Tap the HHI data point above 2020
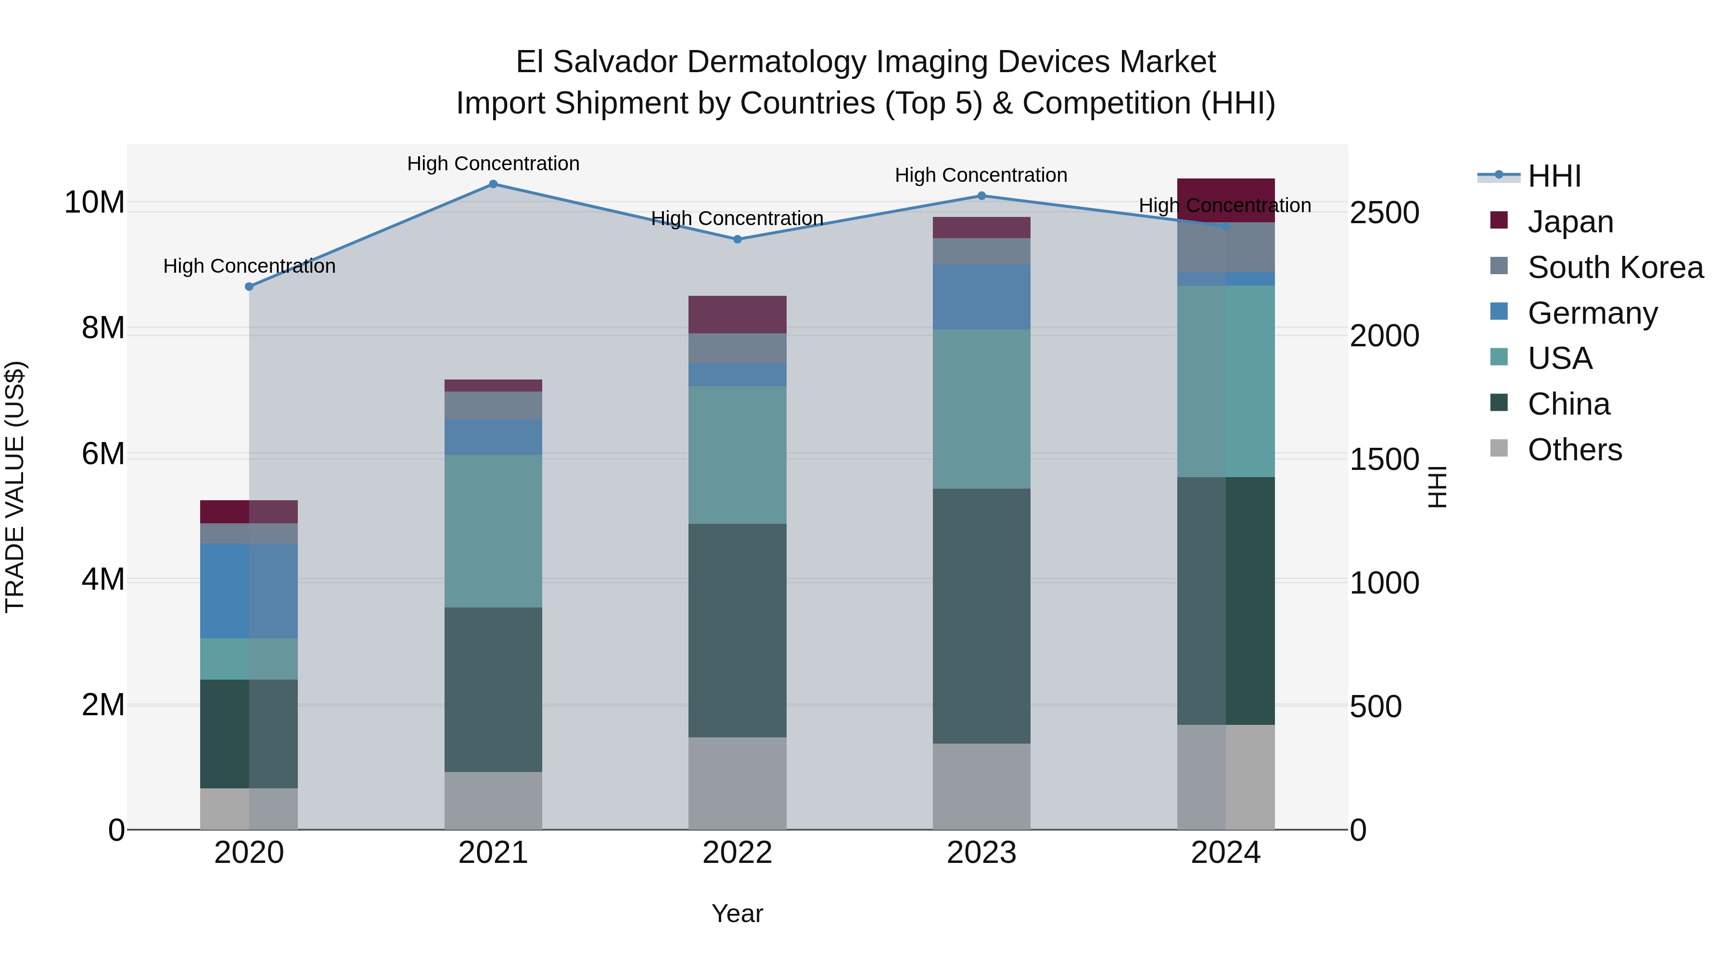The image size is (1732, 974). (249, 286)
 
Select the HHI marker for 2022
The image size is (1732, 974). (737, 240)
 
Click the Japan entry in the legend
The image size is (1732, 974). (1569, 222)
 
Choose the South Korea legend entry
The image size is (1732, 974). (1614, 267)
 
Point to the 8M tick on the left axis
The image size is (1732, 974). (103, 328)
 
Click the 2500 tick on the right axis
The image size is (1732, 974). (1384, 213)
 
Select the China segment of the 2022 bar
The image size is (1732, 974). (737, 631)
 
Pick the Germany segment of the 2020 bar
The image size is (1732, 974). (249, 591)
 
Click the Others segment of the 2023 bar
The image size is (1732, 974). (981, 786)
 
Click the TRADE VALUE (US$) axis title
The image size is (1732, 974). (15, 487)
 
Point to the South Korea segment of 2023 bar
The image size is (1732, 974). (981, 252)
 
